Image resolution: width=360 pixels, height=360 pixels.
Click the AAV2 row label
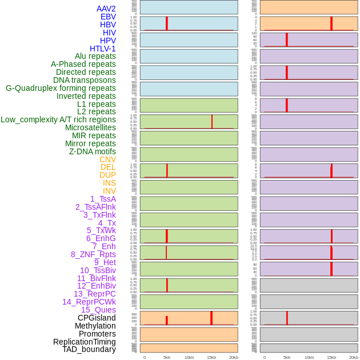(106, 9)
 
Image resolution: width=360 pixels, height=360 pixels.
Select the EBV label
(108, 17)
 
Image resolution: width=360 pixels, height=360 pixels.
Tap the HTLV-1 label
(102, 49)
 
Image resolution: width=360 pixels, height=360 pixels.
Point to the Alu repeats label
(95, 56)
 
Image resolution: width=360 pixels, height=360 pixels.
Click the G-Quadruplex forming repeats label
(61, 88)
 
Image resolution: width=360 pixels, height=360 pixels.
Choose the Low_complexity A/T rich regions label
(58, 119)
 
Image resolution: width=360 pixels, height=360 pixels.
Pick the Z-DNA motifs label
(93, 151)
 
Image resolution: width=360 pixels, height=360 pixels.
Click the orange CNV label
(107, 159)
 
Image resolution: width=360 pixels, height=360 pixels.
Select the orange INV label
(109, 191)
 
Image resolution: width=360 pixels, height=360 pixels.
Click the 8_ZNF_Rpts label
(93, 254)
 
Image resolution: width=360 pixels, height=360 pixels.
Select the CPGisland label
(97, 318)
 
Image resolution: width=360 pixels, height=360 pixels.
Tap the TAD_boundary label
(89, 349)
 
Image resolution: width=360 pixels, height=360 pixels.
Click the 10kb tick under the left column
(189, 357)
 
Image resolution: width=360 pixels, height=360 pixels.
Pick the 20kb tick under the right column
(354, 357)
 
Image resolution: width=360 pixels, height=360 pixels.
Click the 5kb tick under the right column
(287, 357)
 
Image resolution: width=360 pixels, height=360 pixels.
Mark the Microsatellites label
(90, 127)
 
